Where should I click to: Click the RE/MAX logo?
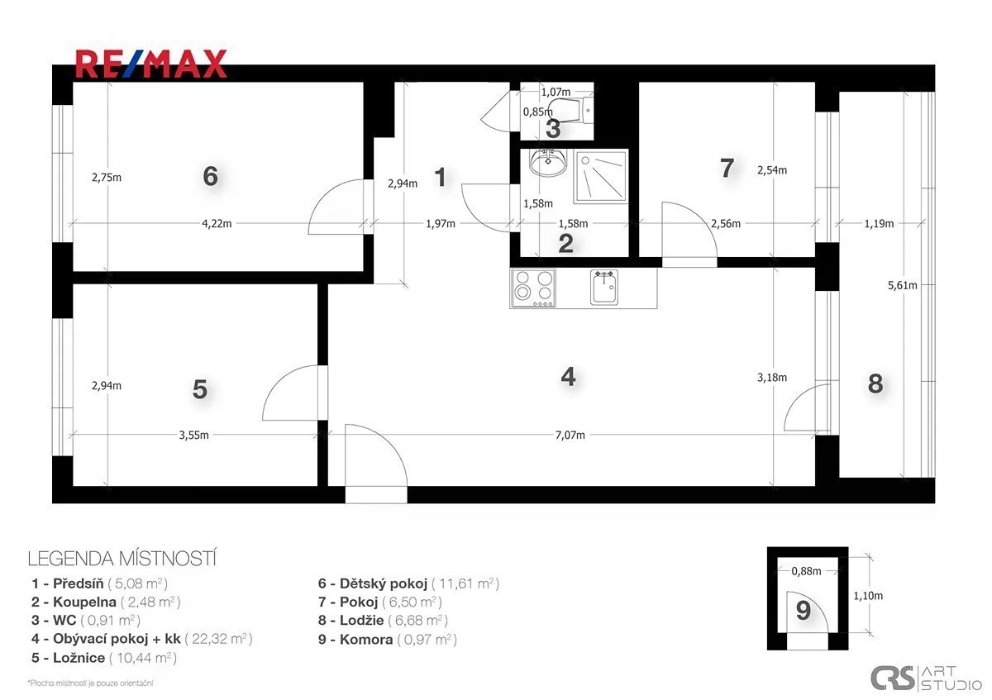point(151,64)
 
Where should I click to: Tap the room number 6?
point(210,176)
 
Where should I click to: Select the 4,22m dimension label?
point(217,224)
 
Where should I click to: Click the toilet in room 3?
point(570,110)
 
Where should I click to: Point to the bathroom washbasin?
point(548,163)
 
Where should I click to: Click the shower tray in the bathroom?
point(601,177)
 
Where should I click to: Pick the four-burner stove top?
point(533,288)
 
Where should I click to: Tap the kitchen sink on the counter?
point(604,288)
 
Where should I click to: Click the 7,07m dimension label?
point(570,436)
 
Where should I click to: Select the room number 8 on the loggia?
point(875,383)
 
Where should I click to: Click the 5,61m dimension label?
point(902,286)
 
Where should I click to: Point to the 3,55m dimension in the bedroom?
point(194,436)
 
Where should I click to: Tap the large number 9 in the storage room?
point(804,611)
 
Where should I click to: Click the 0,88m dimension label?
point(807,571)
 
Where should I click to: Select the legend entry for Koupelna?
point(107,602)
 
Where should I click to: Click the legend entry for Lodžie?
point(383,621)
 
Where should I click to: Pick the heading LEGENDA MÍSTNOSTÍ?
point(122,559)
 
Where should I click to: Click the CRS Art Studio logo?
point(926,678)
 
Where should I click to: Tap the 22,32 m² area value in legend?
point(219,639)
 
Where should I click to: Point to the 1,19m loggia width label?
point(879,224)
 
